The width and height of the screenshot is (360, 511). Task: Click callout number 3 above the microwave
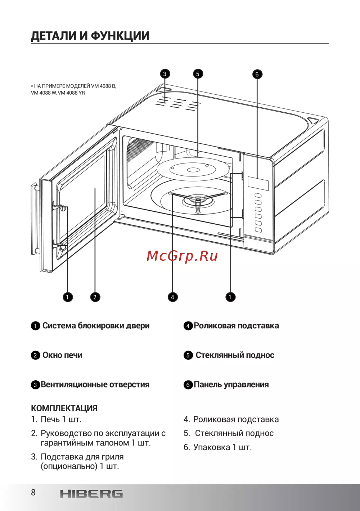point(165,74)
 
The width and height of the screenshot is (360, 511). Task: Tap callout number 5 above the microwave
point(198,74)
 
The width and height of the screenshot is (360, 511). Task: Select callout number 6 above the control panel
point(257,74)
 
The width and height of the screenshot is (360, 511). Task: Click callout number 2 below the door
point(95,297)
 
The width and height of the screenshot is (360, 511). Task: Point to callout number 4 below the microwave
point(172,297)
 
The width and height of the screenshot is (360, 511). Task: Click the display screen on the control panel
point(258,183)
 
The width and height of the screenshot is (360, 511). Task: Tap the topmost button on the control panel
point(258,196)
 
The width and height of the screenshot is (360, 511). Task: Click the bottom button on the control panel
point(258,230)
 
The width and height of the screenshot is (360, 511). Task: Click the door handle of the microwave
point(34,218)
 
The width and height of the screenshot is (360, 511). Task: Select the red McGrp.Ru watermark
point(182,256)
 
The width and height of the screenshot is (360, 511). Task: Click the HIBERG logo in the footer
point(91,494)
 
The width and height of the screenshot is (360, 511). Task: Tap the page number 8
point(33,493)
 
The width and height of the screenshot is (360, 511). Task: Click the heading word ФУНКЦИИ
point(120,36)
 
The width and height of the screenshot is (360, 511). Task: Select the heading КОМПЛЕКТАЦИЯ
point(64,408)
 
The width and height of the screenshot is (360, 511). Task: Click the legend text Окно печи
point(62,355)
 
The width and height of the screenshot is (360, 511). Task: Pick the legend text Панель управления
point(231,385)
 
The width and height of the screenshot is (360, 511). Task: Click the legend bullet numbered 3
point(35,385)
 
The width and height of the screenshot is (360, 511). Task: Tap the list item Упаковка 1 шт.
point(218,447)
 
